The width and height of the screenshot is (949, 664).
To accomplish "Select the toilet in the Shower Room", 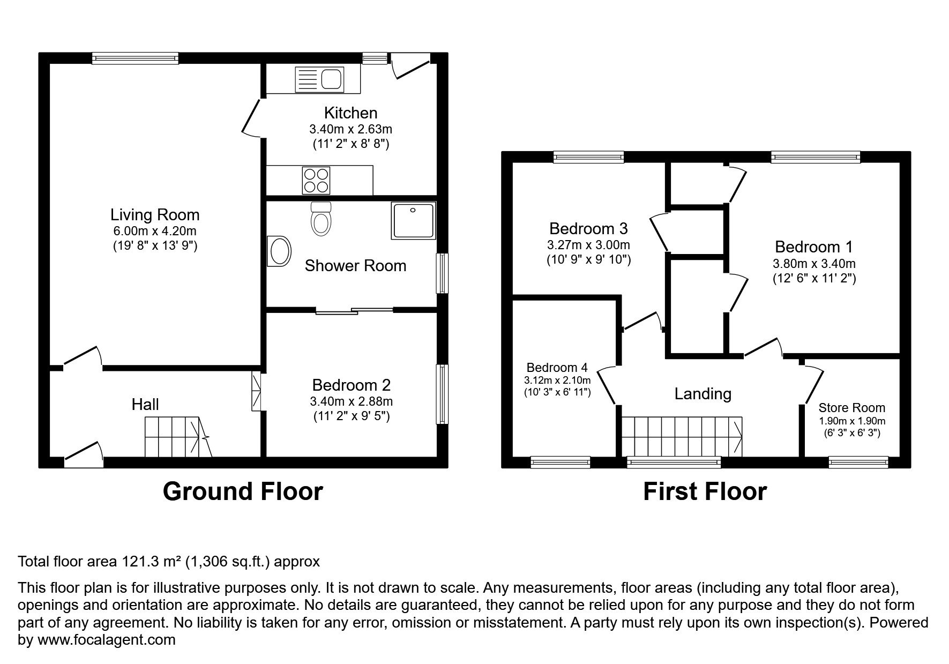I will pyautogui.click(x=321, y=219).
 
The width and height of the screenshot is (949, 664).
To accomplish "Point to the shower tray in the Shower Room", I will pyautogui.click(x=413, y=220).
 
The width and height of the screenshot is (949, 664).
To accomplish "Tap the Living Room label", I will pyautogui.click(x=155, y=215).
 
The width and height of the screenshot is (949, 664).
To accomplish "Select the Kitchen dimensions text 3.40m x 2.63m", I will pyautogui.click(x=350, y=129).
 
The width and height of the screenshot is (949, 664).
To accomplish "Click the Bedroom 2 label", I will pyautogui.click(x=351, y=385).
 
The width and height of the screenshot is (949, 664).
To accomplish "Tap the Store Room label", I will pyautogui.click(x=851, y=408).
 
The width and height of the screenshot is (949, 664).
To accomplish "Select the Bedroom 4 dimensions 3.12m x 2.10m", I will pyautogui.click(x=557, y=380).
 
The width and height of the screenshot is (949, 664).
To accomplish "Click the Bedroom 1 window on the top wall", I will pyautogui.click(x=815, y=157).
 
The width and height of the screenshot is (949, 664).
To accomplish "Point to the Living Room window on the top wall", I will pyautogui.click(x=134, y=58).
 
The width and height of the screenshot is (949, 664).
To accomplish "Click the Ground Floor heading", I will pyautogui.click(x=242, y=491).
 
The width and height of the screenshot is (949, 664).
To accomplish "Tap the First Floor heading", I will pyautogui.click(x=704, y=491).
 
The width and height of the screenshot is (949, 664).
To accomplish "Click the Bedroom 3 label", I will pyautogui.click(x=588, y=229).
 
